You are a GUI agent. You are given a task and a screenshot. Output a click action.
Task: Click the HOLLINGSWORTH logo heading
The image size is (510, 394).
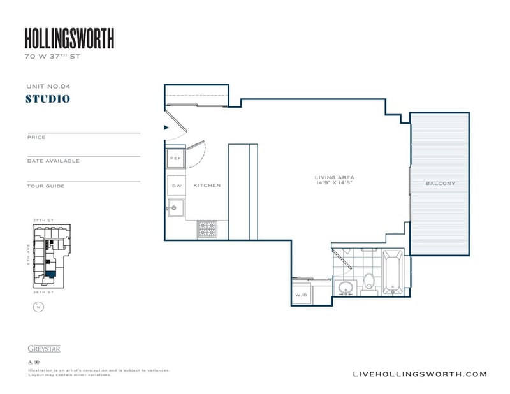pos(69,39)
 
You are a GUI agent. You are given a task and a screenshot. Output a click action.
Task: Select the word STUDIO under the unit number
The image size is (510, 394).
pos(48,99)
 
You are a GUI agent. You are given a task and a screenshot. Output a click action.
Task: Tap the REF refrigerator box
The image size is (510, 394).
pos(175,157)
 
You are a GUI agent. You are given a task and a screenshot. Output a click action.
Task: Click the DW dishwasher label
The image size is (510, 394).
pos(175,186)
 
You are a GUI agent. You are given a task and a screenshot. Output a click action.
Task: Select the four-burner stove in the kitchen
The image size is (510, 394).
pos(207,228)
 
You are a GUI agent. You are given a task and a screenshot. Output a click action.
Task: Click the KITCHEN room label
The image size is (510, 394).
pos(207,186)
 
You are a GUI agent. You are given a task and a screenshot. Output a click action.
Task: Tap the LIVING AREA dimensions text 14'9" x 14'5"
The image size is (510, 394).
pos(334,184)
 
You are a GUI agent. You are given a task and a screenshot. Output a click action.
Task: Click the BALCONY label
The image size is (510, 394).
pos(441,184)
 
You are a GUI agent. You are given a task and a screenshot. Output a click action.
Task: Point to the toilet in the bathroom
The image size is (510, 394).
pos(369,284)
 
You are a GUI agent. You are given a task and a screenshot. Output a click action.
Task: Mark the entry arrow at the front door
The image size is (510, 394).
pos(166,128)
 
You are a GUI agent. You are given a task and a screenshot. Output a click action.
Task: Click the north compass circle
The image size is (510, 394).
pos(38,307)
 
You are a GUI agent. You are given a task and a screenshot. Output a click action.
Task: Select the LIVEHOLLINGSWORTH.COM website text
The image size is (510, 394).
pos(419,374)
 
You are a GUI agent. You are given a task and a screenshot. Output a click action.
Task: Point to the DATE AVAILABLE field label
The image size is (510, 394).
pos(54,161)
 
